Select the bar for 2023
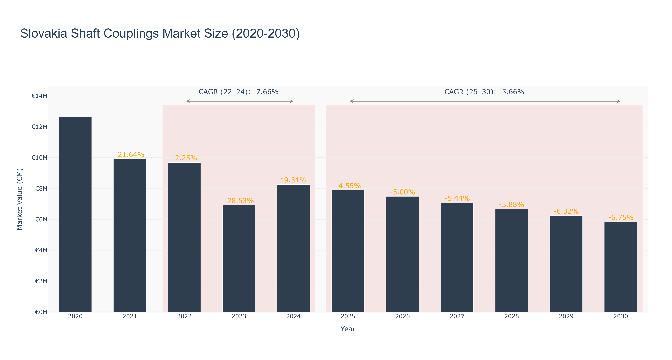click(239, 258)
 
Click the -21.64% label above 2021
click(130, 155)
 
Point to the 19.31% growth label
click(293, 180)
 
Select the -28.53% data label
click(239, 201)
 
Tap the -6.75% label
click(621, 218)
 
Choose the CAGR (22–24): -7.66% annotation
click(238, 92)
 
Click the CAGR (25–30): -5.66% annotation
click(484, 92)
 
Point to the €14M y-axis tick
click(39, 96)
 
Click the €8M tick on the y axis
click(41, 189)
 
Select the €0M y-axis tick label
click(41, 312)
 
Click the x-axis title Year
click(348, 329)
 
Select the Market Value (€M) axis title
click(20, 199)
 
